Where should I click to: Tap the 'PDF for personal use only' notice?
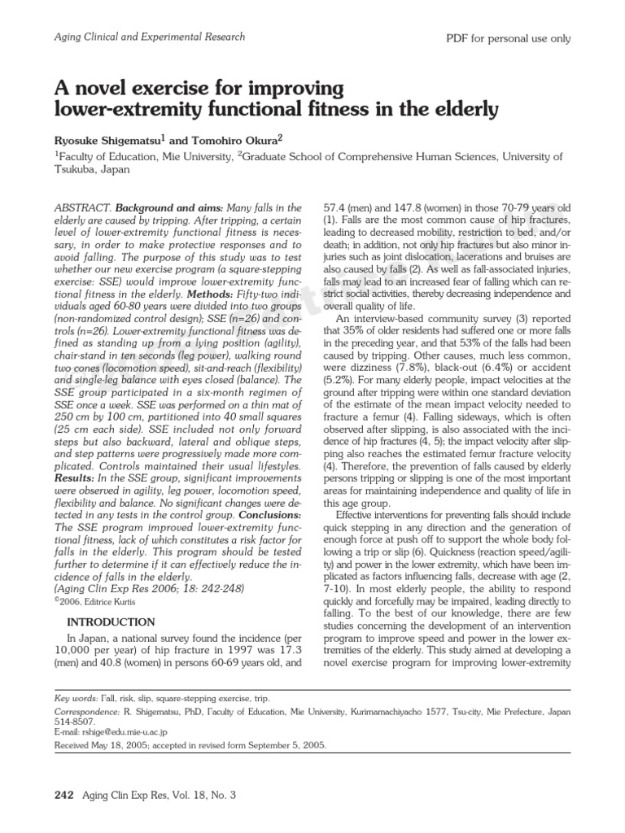pyautogui.click(x=509, y=38)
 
